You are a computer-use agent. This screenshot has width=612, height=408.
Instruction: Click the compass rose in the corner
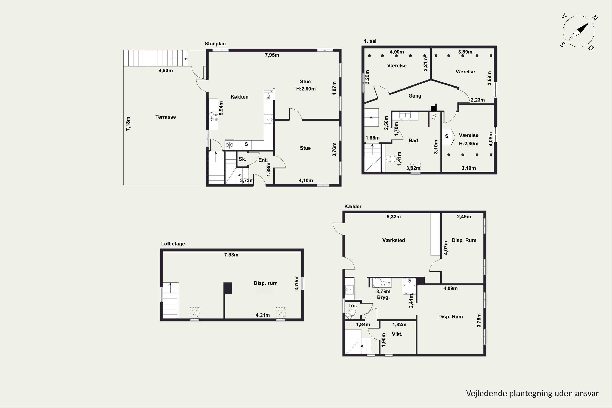pos(579,31)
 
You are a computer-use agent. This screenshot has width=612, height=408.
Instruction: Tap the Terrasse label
pos(165,117)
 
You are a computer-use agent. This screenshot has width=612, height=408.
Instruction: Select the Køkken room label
pos(239,97)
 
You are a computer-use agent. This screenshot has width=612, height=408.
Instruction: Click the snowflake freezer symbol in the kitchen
pos(229,145)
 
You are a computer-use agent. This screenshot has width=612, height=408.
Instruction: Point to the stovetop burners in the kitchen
pos(214,116)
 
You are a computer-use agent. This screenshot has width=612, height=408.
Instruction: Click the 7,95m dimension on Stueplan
pos(272,55)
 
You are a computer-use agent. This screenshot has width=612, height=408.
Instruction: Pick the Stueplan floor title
pos(215,44)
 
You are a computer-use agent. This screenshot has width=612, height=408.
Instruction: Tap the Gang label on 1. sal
pos(415,96)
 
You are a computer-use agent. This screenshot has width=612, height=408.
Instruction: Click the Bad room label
pos(413,141)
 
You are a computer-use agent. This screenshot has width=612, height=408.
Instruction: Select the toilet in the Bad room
pos(391,159)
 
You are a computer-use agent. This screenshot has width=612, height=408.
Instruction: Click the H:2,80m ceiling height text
pos(469,143)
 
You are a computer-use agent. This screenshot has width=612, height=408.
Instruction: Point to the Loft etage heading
pos(173,244)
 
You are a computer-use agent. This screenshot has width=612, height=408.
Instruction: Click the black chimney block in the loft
pos(228,288)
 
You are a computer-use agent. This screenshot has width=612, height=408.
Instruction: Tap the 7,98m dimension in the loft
pos(231,255)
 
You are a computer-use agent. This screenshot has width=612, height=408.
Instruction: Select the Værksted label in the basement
pos(394,240)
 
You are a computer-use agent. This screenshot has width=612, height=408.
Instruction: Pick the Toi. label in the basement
pos(353,305)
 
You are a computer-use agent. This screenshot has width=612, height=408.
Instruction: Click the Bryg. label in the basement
pos(383,297)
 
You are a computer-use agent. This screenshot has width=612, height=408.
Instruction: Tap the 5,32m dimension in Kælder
pos(394,217)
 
